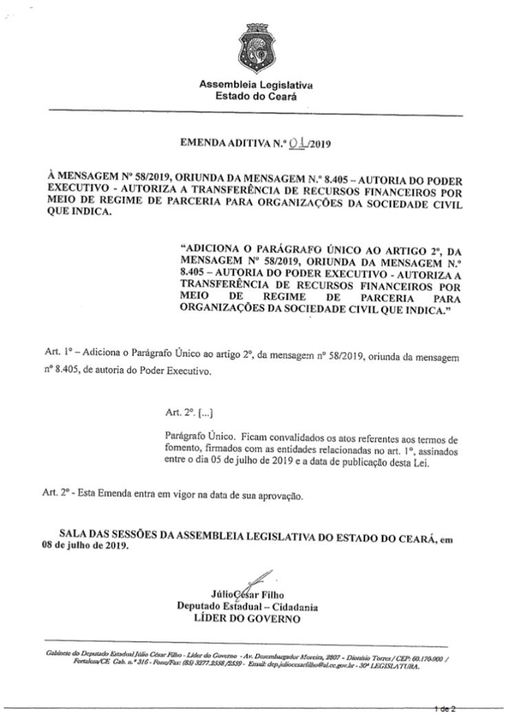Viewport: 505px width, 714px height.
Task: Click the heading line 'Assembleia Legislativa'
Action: (x=256, y=85)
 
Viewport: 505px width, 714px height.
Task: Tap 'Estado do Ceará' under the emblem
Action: (x=256, y=97)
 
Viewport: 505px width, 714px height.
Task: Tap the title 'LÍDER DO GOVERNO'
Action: (x=247, y=618)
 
